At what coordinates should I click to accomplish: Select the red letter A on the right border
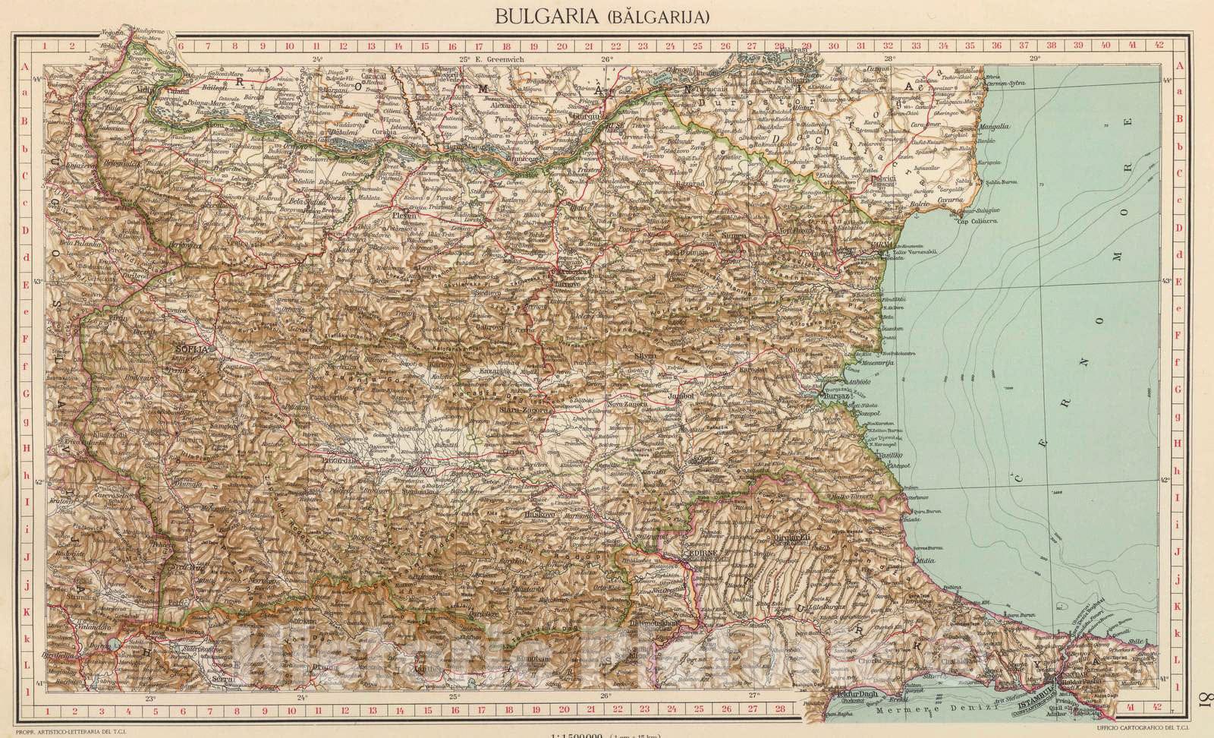tap(1181, 66)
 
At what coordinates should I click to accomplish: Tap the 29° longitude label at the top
tap(1033, 58)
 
